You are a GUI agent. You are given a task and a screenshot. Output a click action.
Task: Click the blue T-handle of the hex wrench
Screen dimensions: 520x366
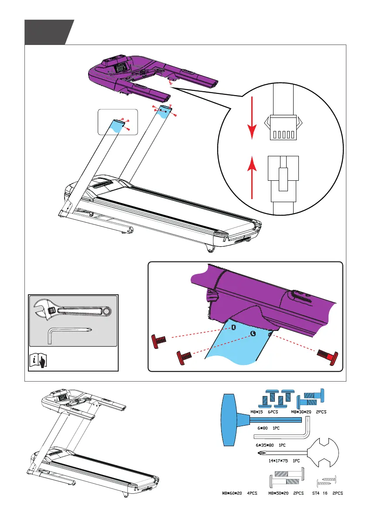pyautogui.click(x=231, y=420)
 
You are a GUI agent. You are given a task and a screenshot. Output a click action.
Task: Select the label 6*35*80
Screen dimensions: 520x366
pyautogui.click(x=265, y=445)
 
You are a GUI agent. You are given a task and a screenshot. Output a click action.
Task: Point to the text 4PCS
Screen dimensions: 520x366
pyautogui.click(x=253, y=493)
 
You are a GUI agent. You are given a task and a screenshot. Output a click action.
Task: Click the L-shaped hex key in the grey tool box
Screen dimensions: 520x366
pyautogui.click(x=70, y=334)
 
